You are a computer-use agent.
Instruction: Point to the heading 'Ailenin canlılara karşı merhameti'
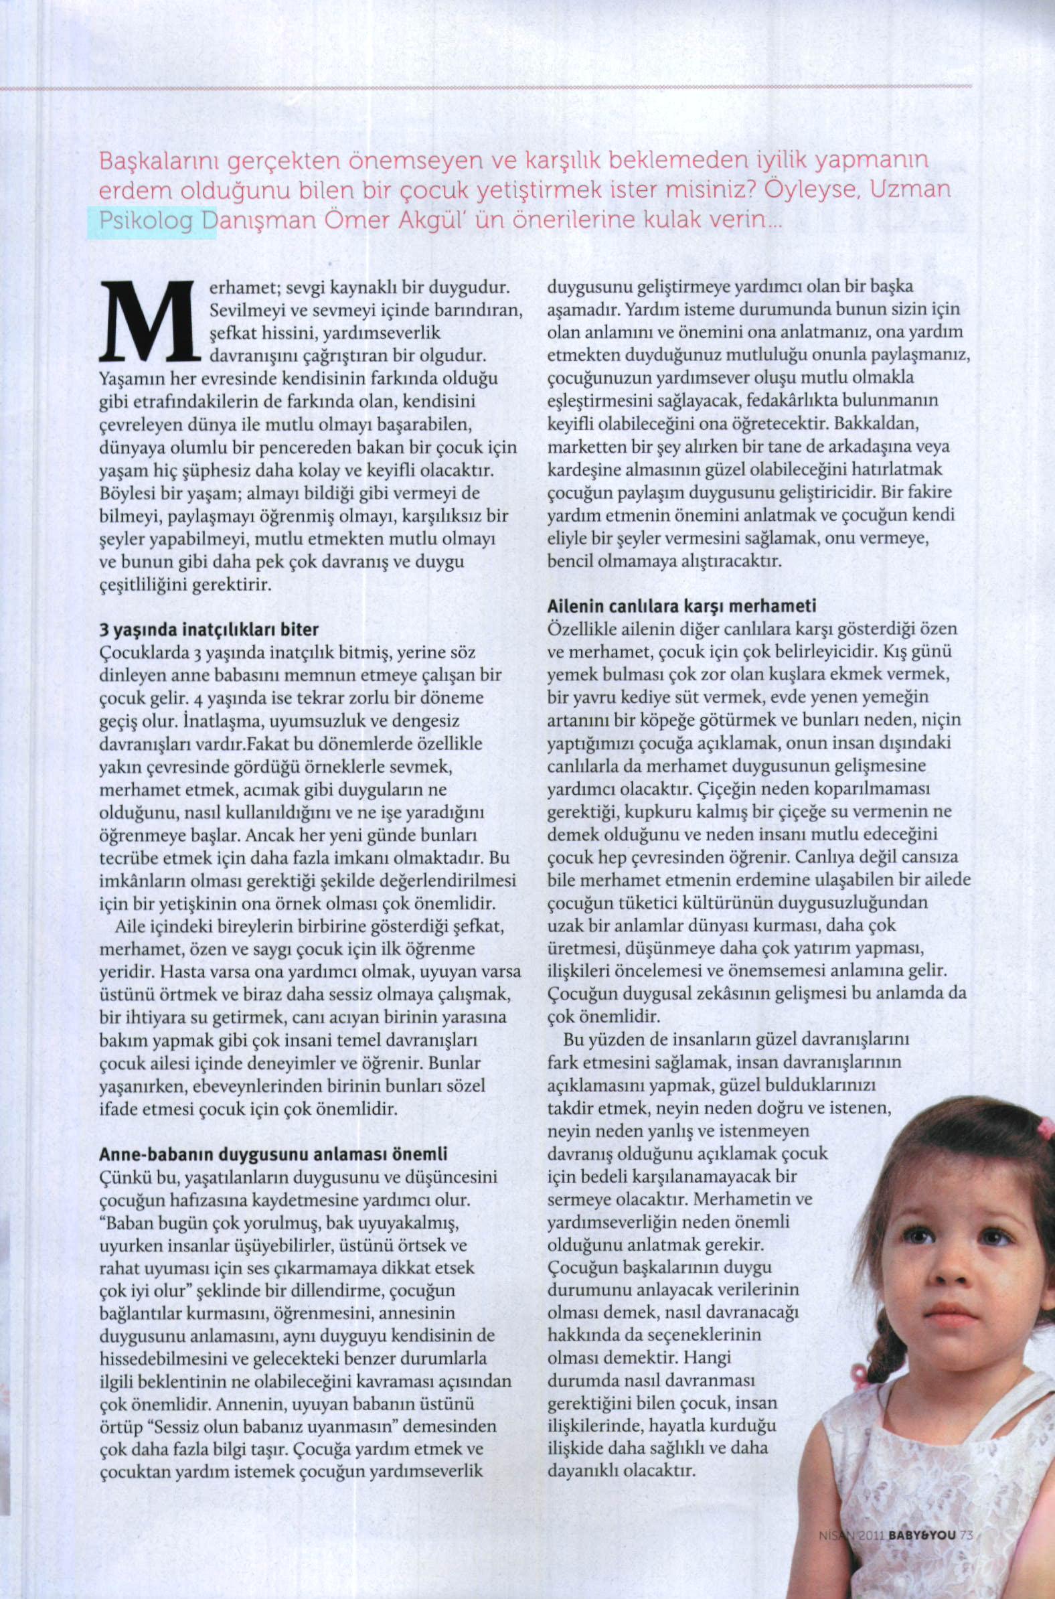(x=682, y=606)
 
